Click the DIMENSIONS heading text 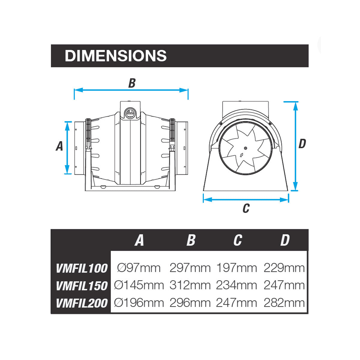pos(115,56)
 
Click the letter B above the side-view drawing pos(132,83)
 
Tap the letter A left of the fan pos(59,146)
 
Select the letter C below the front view pos(246,208)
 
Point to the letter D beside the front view pos(302,144)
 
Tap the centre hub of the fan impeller pos(245,148)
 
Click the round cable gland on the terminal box pos(130,114)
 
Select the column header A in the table pos(139,240)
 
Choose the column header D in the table pos(285,240)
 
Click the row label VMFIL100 pos(82,268)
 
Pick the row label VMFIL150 pos(82,286)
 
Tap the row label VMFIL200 pos(82,303)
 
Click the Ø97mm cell pos(139,268)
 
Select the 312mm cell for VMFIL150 pos(190,285)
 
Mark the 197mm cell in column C pos(237,268)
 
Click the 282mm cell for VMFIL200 pos(284,303)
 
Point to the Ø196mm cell pos(139,303)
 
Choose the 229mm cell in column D pos(284,268)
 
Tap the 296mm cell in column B pos(190,303)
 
